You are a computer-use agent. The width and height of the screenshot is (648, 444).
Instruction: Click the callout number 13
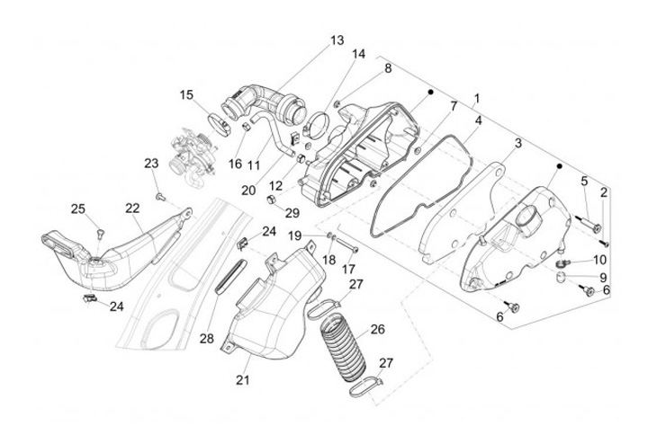(337, 40)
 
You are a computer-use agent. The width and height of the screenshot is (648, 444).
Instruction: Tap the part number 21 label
(241, 381)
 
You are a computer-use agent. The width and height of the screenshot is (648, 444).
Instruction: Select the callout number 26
(377, 330)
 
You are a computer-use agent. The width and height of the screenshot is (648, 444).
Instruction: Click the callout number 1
(476, 97)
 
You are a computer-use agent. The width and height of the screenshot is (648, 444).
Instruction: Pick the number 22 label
(132, 209)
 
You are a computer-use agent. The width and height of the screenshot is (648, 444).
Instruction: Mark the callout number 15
(186, 94)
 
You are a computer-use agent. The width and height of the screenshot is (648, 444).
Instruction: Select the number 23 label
(151, 163)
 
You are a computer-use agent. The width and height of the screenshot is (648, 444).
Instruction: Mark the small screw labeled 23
(159, 194)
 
